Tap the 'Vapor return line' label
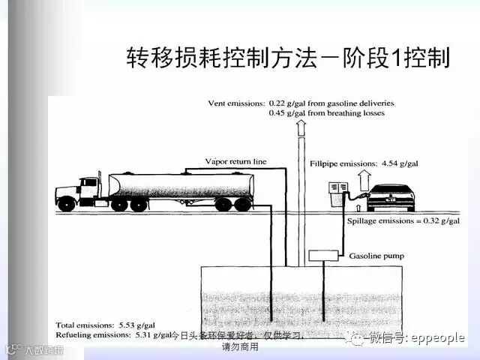click(x=235, y=161)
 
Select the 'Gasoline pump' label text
click(x=377, y=256)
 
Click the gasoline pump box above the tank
click(x=324, y=256)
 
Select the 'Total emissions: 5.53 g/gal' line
click(x=97, y=325)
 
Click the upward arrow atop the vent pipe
click(x=301, y=127)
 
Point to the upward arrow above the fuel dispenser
click(x=364, y=177)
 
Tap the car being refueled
click(x=389, y=196)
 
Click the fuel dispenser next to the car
click(x=338, y=193)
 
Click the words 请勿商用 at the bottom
click(x=240, y=347)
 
